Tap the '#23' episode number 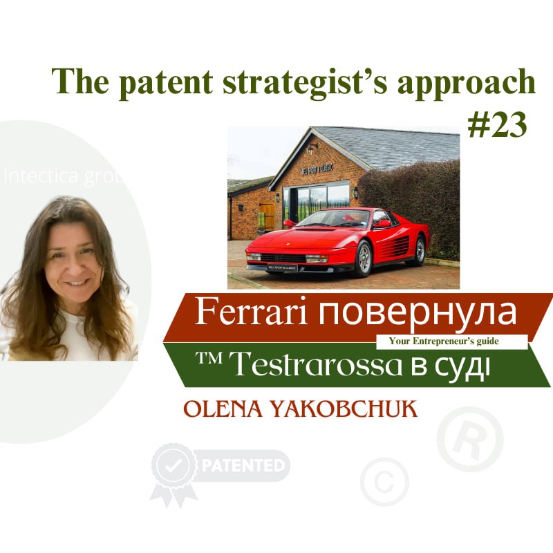(x=496, y=124)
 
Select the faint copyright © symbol (x=384, y=481)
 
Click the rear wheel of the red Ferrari (x=417, y=249)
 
